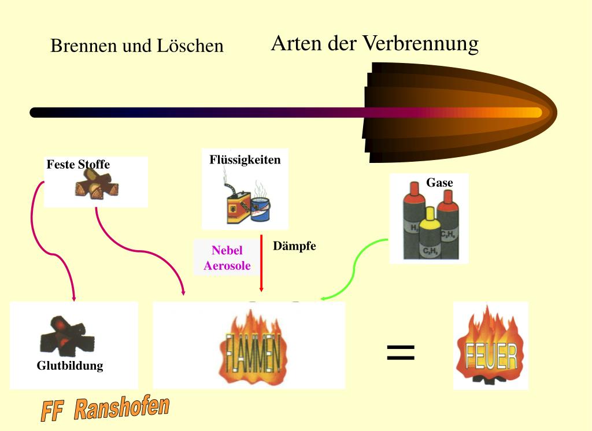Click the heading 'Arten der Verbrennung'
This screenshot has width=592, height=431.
[x=375, y=44]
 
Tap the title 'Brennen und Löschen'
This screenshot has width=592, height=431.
[x=136, y=46]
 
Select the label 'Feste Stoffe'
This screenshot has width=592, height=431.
[x=78, y=165]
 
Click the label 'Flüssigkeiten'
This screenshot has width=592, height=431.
[x=245, y=160]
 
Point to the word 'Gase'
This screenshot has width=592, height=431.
[x=439, y=183]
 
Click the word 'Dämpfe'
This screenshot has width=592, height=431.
[x=295, y=246]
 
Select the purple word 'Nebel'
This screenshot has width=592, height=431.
[x=227, y=251]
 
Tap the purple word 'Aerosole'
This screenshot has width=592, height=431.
[x=227, y=266]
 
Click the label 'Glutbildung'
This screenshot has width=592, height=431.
[x=70, y=366]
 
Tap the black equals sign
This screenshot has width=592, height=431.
[x=401, y=352]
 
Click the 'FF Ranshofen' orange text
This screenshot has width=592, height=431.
[x=105, y=409]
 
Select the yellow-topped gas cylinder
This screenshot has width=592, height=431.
[x=430, y=234]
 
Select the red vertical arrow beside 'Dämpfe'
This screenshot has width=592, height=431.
[x=261, y=263]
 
